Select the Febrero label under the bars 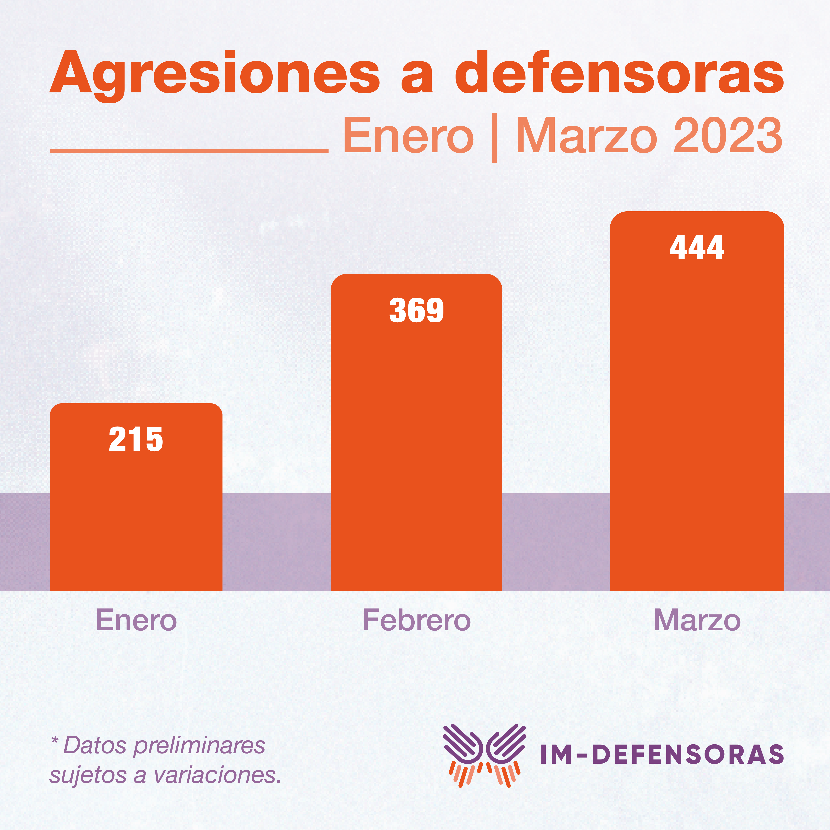click(x=416, y=620)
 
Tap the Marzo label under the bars click(x=697, y=620)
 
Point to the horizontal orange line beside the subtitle click(x=189, y=151)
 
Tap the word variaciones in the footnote click(x=217, y=775)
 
